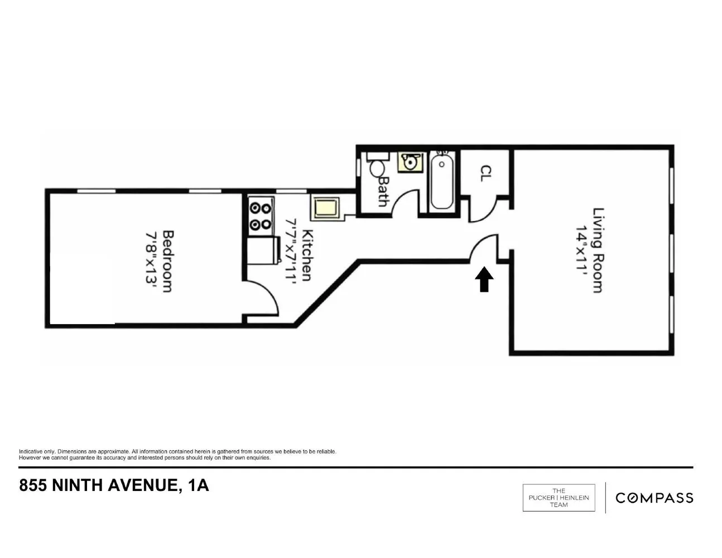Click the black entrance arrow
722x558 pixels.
484,280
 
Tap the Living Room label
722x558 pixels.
598,250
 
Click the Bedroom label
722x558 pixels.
167,261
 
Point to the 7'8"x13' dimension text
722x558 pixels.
151,257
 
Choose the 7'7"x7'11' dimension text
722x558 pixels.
291,252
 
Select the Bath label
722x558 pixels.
383,191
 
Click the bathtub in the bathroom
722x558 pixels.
442,181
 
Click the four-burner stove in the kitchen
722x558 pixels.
261,216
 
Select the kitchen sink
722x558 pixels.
326,208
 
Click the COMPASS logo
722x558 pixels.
654,498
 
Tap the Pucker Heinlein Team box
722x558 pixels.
559,498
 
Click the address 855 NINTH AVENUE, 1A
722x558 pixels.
114,485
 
